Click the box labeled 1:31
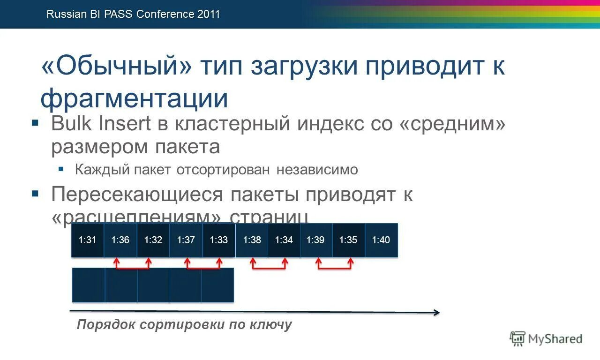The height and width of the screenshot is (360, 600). click(88, 240)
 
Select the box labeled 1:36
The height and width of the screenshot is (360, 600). click(120, 240)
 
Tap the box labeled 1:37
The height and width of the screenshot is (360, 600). click(186, 240)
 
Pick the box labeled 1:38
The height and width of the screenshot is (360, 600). click(252, 240)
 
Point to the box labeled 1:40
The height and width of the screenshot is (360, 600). click(381, 240)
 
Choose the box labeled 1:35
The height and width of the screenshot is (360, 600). click(348, 240)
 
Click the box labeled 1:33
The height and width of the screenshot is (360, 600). click(218, 240)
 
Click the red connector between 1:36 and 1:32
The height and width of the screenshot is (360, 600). click(133, 268)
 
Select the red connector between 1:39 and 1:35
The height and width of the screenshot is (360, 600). click(335, 268)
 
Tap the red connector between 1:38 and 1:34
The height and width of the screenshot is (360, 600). click(269, 268)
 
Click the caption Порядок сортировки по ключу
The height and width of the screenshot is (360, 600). click(184, 324)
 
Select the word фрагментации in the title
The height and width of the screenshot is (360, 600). click(135, 98)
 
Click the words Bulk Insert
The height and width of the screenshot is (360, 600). click(101, 124)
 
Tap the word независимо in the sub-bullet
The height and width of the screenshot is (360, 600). click(317, 170)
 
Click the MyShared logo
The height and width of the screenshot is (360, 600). click(546, 338)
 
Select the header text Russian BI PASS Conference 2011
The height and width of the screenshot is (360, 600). click(133, 14)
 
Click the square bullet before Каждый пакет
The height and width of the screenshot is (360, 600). click(61, 169)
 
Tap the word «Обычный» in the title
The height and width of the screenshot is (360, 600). click(117, 67)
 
